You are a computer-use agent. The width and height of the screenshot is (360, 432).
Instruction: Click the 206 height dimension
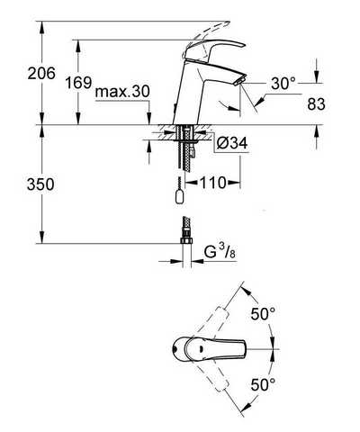[x=41, y=73]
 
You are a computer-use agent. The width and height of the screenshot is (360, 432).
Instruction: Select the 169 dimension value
[x=78, y=82]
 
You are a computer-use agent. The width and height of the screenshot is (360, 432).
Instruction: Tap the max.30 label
[x=122, y=91]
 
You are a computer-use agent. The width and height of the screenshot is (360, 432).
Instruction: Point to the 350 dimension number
[x=40, y=184]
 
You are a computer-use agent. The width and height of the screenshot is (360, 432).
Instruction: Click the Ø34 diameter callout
[x=232, y=143]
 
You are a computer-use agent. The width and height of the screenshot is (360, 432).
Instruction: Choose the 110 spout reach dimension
[x=212, y=183]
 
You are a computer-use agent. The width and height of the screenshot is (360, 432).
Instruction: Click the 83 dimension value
[x=316, y=104]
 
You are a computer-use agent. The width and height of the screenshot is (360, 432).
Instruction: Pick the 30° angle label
[x=283, y=83]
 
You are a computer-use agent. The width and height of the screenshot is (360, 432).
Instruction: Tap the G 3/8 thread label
[x=220, y=252]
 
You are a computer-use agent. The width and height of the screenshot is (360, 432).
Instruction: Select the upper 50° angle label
[x=263, y=314]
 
